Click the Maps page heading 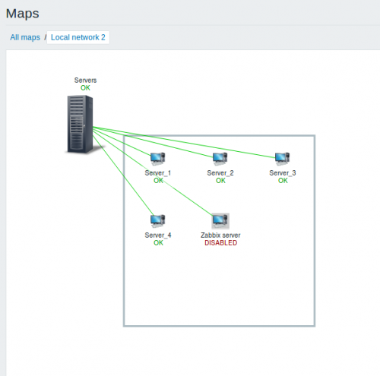pos(22,14)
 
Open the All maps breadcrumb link pos(25,37)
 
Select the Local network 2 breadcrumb pos(78,37)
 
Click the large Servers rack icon pos(81,124)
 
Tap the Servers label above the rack pos(85,81)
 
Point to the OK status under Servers pos(85,88)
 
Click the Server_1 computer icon pos(157,159)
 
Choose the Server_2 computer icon pos(220,159)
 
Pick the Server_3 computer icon pos(282,159)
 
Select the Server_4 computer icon pos(157,221)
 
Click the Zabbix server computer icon pos(220,221)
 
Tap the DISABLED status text pos(220,243)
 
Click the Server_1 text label pos(158,173)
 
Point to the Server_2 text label pos(220,173)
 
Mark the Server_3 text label pos(283,173)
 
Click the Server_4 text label pos(158,235)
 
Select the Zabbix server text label pos(220,235)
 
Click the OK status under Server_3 pos(283,181)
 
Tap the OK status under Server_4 pos(158,243)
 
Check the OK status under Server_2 pos(220,181)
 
